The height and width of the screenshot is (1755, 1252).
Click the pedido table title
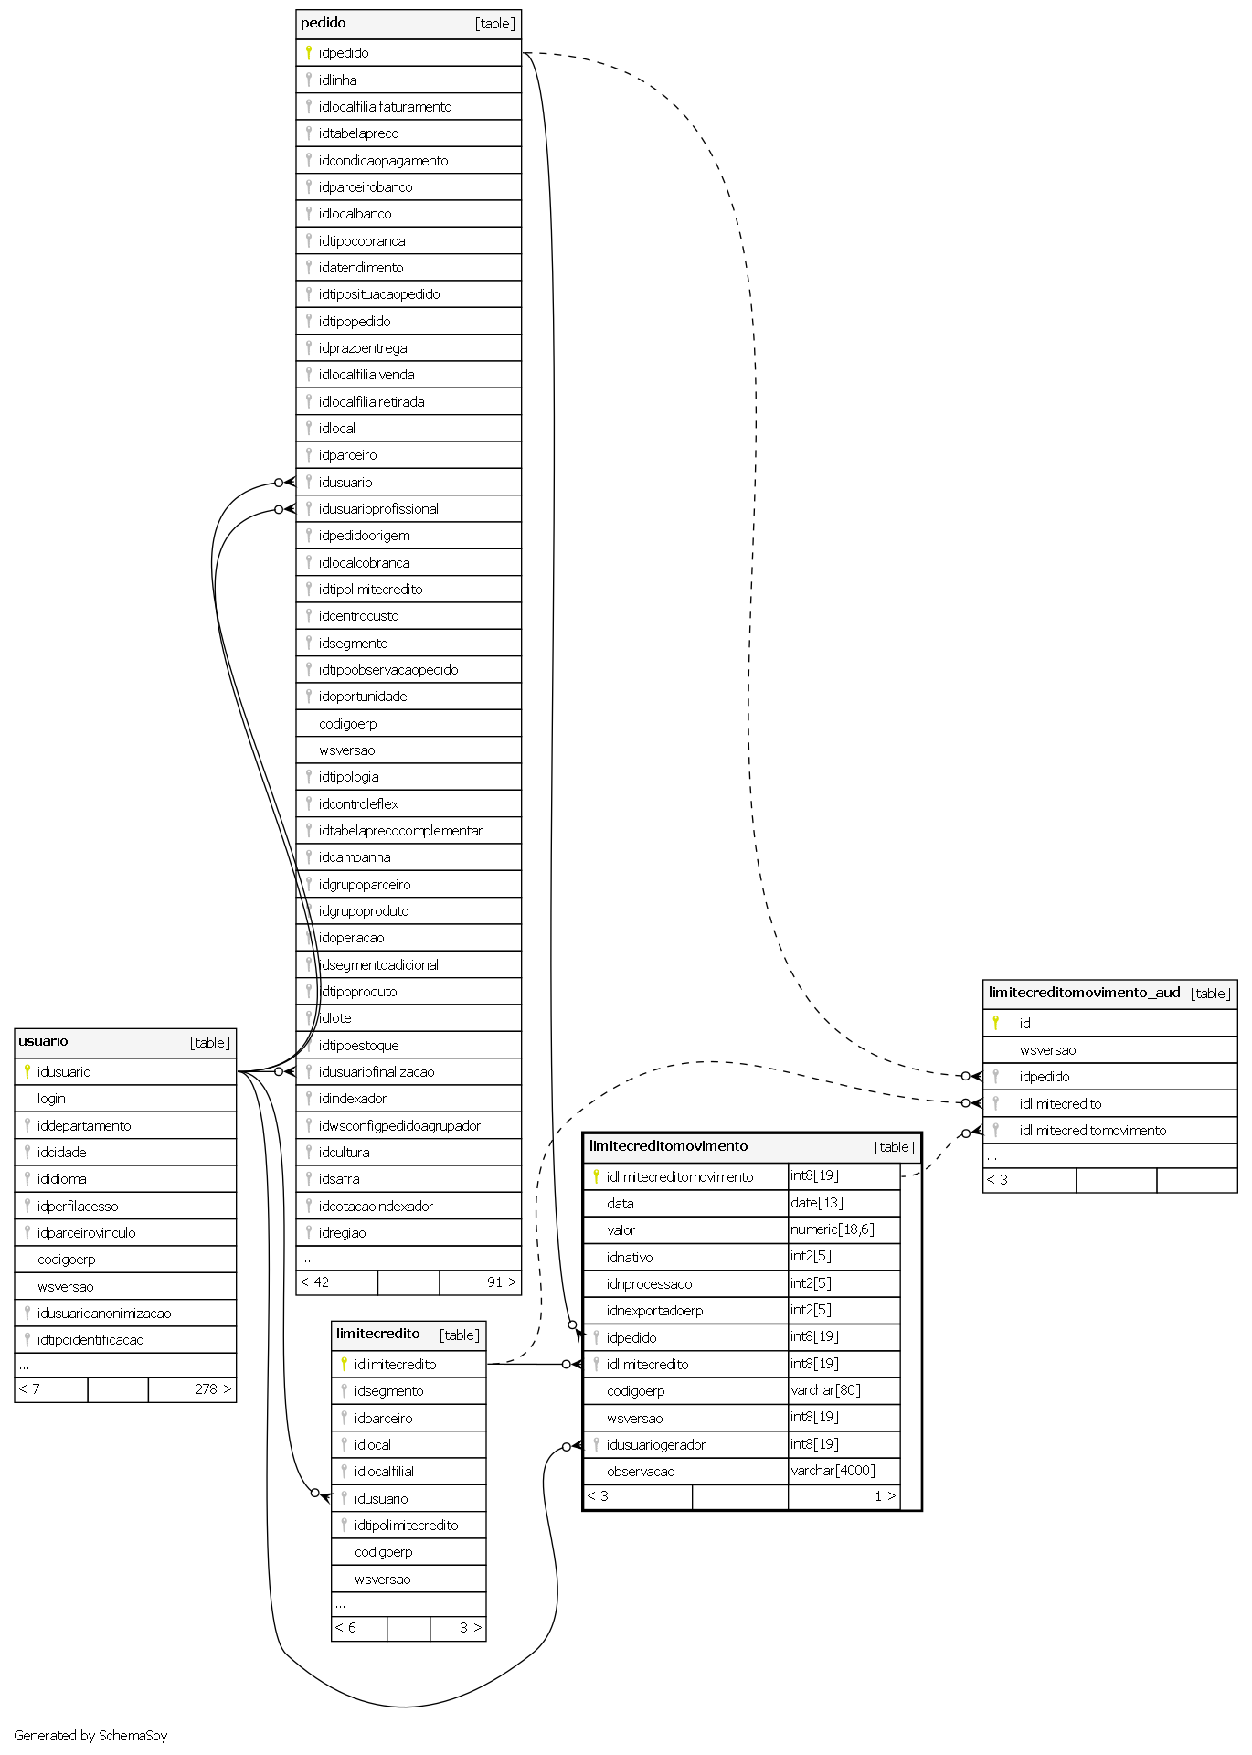[x=324, y=23]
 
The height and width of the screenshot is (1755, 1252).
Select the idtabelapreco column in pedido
[x=358, y=133]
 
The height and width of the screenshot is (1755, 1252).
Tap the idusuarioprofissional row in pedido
[x=378, y=509]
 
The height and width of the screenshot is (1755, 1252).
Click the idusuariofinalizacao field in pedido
[x=377, y=1072]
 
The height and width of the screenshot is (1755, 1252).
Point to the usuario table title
[x=43, y=1041]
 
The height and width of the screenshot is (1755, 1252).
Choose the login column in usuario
[x=51, y=1099]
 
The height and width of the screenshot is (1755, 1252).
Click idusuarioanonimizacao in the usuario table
[x=104, y=1314]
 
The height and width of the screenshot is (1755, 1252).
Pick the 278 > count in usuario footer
[x=213, y=1389]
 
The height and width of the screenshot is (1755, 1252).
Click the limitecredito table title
[x=377, y=1334]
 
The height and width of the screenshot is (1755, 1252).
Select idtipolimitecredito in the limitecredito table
[x=406, y=1526]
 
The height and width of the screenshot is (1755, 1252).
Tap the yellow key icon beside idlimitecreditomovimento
[x=596, y=1176]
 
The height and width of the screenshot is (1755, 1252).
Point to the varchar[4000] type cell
[x=833, y=1471]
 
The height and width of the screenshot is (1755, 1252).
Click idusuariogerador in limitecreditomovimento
[x=655, y=1445]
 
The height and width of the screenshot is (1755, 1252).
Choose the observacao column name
[x=641, y=1472]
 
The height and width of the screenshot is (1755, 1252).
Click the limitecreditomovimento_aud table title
[x=1084, y=993]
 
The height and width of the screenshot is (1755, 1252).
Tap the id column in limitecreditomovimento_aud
[x=1024, y=1024]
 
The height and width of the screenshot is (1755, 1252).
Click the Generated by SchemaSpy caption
[x=90, y=1736]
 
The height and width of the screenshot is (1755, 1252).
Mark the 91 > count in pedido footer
[x=502, y=1282]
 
